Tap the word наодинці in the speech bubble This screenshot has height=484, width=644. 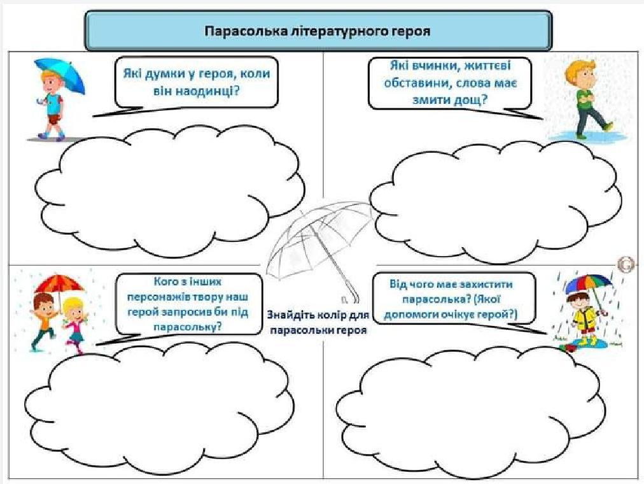click(x=208, y=90)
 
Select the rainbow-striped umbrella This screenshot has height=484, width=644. click(x=589, y=283)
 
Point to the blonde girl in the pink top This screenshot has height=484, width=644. click(x=74, y=325)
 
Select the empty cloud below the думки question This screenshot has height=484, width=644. click(x=170, y=192)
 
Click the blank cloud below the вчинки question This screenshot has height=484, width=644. click(x=496, y=201)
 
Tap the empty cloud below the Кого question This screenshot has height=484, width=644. click(x=159, y=404)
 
